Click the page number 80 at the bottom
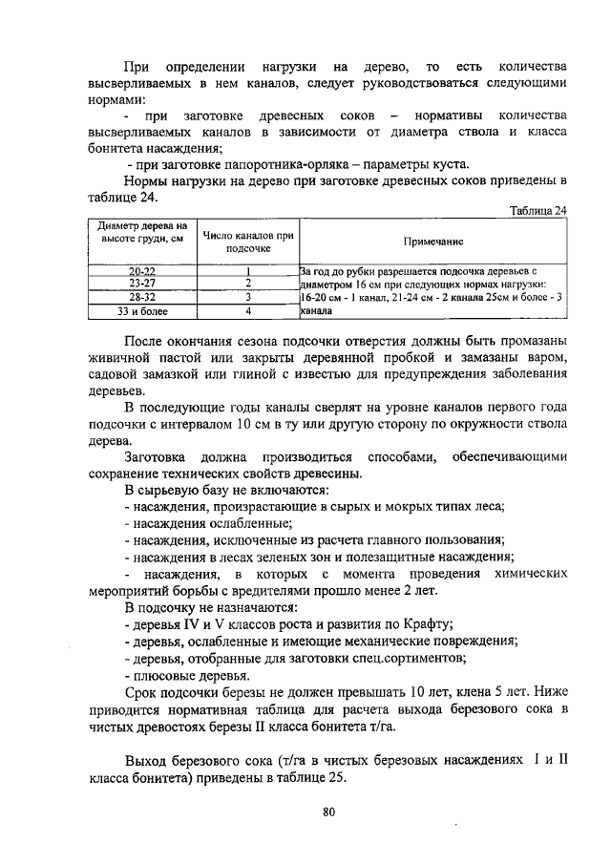tap(328, 812)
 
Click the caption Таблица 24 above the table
tap(538, 211)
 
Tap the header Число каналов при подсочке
tap(247, 242)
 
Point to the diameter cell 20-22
tap(142, 271)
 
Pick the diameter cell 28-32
tap(142, 297)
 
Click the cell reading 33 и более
tap(142, 310)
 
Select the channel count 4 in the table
tap(247, 310)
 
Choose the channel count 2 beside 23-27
tap(247, 284)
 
